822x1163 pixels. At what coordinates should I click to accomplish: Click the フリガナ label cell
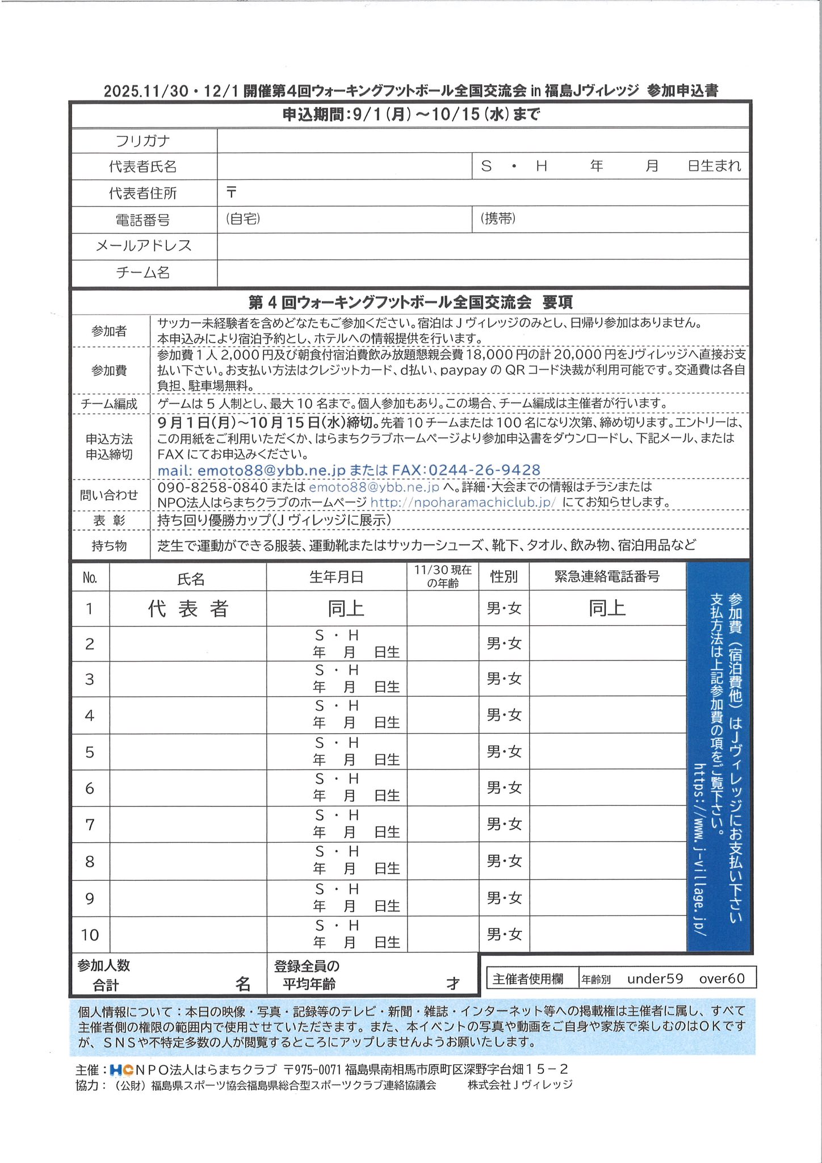(143, 141)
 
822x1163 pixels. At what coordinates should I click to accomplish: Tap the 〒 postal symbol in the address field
(231, 193)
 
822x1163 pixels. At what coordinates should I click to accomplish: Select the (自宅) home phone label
(243, 219)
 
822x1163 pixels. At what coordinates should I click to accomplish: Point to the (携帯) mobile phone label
(498, 219)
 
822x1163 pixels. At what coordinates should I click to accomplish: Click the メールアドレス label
(144, 246)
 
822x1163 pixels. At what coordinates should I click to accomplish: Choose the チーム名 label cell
(143, 273)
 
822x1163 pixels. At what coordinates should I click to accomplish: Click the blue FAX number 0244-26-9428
(484, 470)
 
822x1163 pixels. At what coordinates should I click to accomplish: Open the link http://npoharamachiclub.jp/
(463, 503)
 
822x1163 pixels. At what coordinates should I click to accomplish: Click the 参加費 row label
(109, 371)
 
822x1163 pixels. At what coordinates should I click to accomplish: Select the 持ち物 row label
(109, 546)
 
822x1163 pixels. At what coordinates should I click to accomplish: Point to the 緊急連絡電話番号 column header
(607, 577)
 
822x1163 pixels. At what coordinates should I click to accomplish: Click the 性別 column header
(504, 577)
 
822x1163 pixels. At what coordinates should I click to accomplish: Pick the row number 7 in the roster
(90, 825)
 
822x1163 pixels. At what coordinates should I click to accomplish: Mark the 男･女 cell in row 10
(504, 934)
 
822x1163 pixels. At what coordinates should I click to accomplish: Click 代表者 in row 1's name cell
(188, 609)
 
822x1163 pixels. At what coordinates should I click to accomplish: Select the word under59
(655, 978)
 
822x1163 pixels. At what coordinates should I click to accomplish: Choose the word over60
(722, 978)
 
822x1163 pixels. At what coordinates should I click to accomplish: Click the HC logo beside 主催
(121, 1070)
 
